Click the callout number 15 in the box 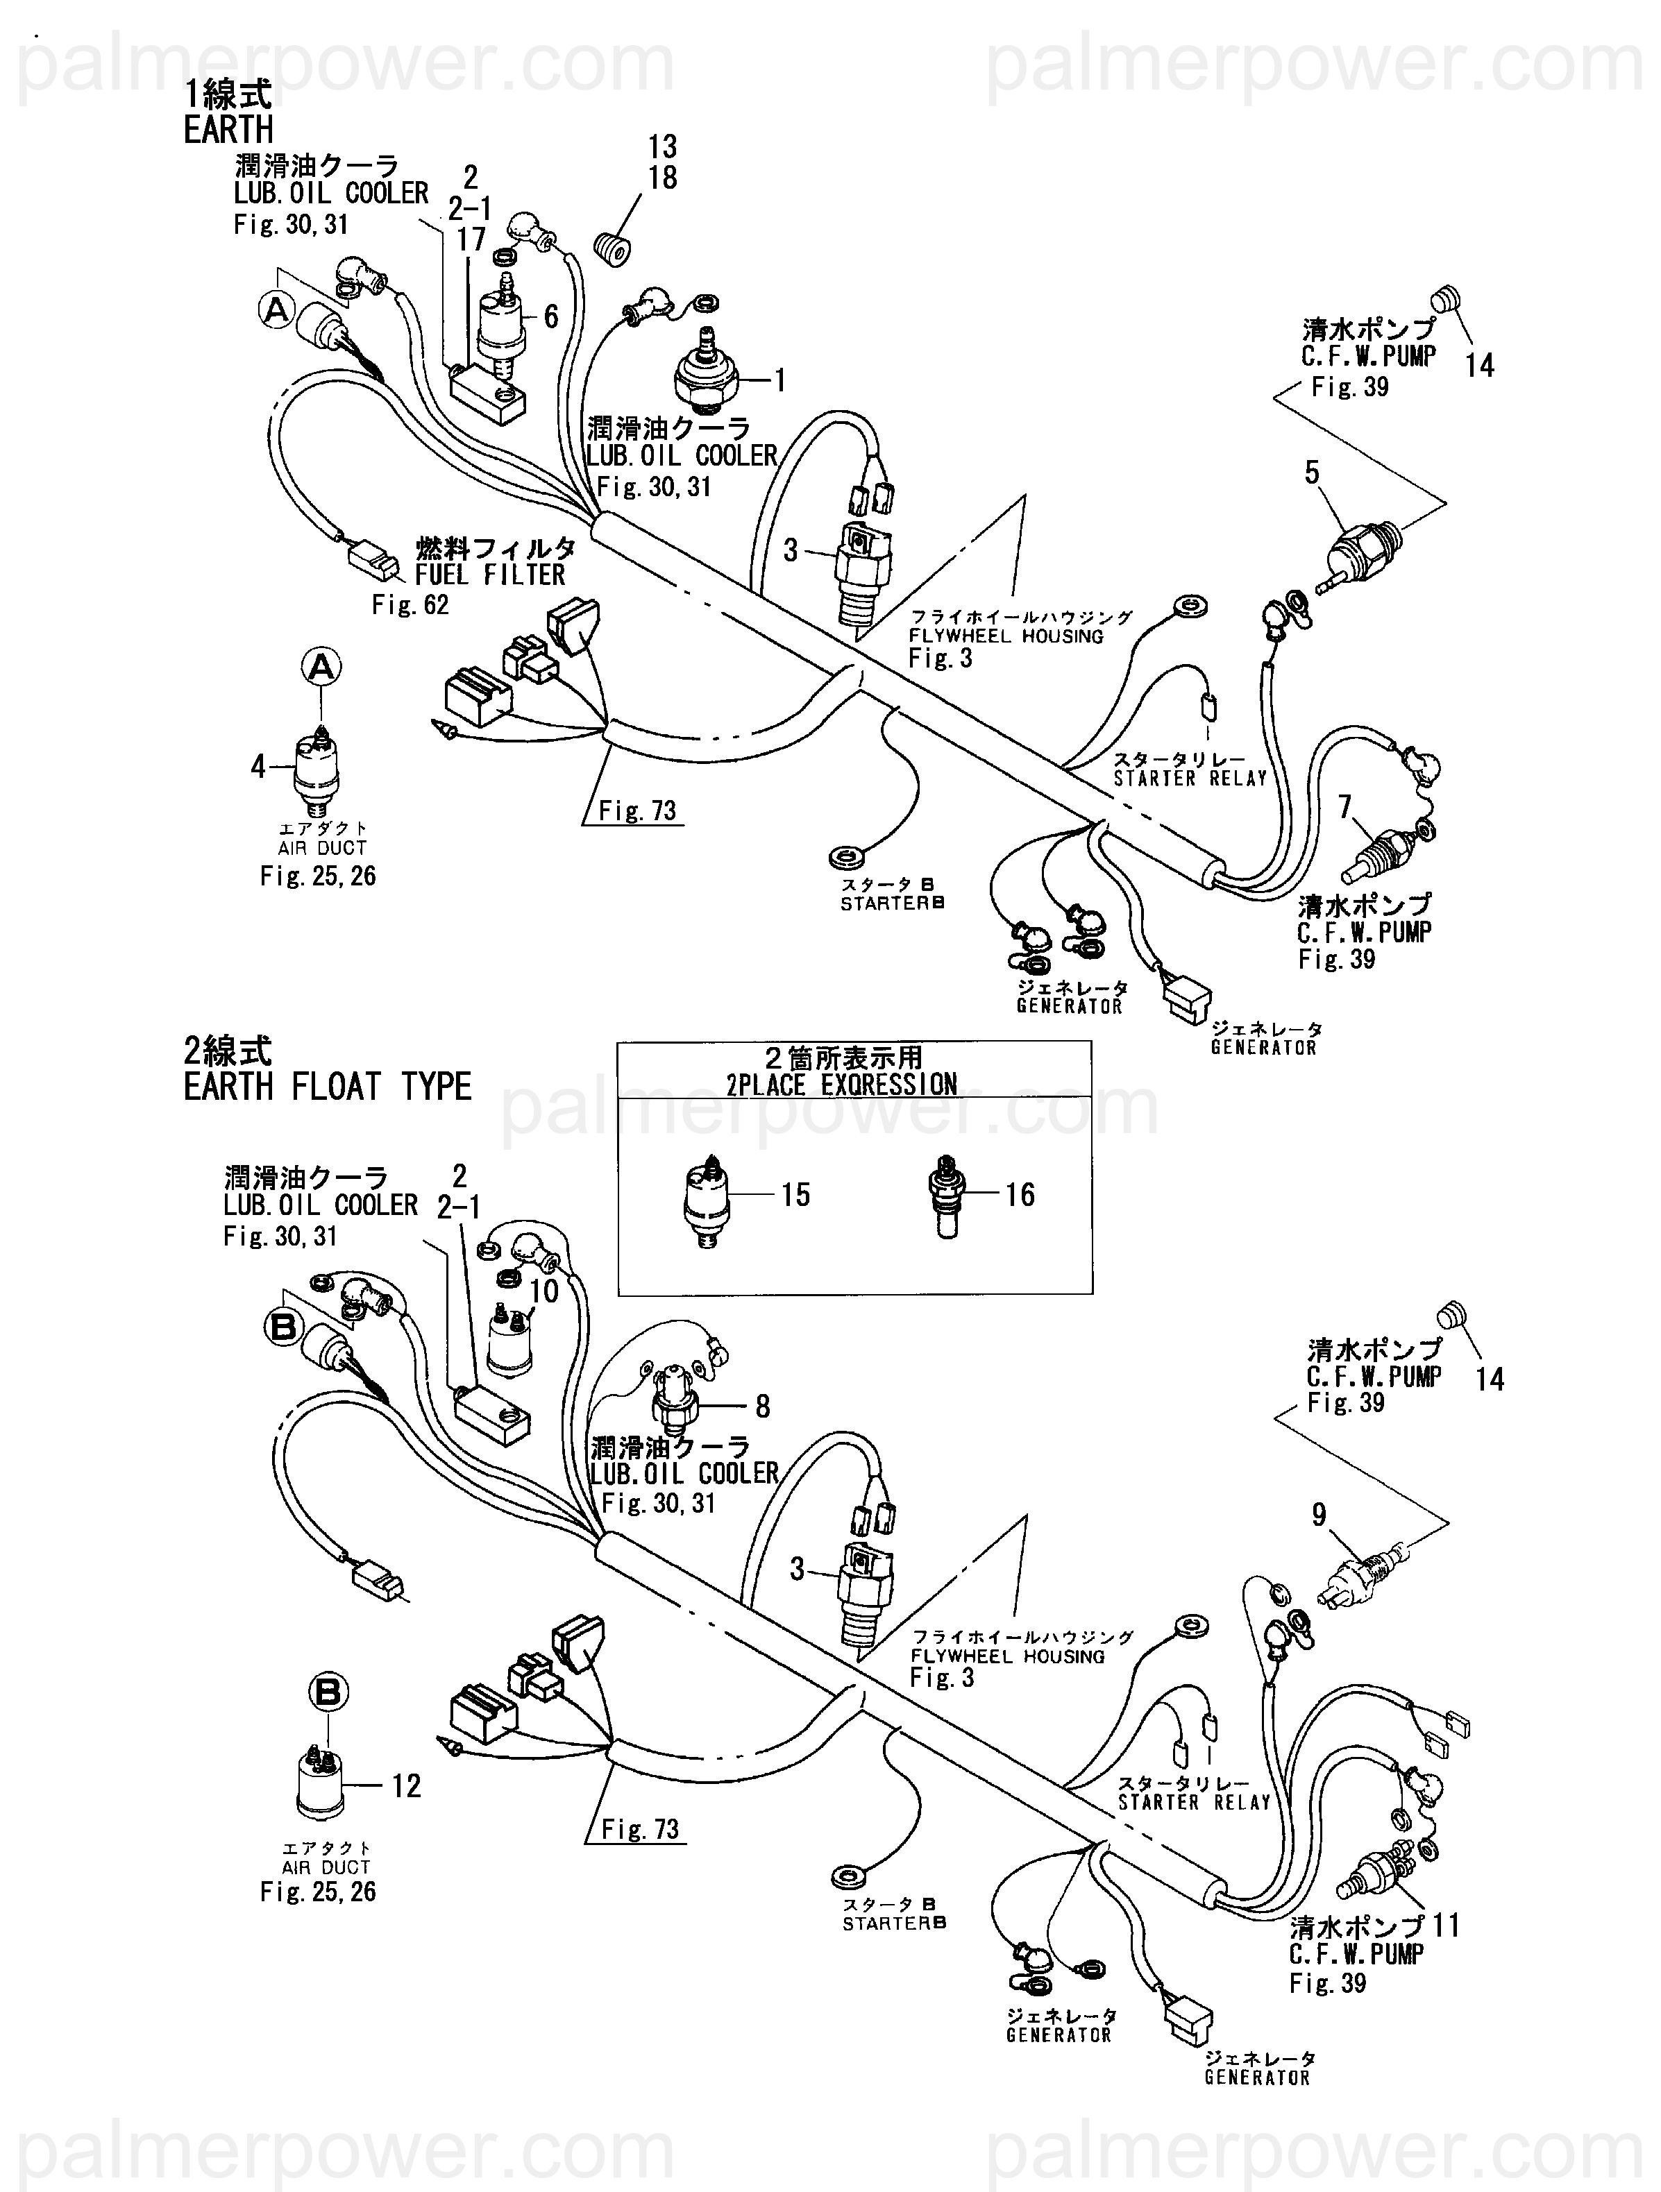pos(795,1194)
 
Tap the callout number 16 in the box pos(1020,1194)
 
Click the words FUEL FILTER pos(489,575)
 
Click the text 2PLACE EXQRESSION pos(841,1084)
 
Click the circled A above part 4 pos(321,667)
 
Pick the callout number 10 pos(545,1290)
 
